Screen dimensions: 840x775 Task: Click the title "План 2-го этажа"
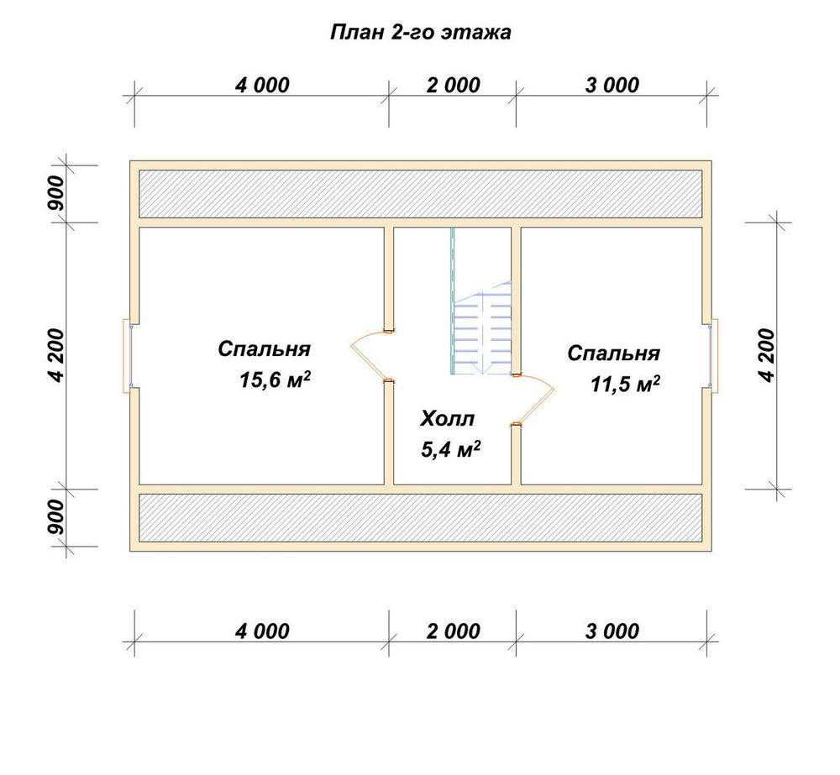(x=421, y=32)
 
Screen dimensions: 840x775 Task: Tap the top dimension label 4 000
(x=262, y=85)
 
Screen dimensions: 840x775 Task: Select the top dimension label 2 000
(x=454, y=85)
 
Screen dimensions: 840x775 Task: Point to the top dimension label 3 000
(x=612, y=85)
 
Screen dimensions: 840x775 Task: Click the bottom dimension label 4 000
(x=262, y=631)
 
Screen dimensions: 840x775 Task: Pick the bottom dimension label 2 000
(x=454, y=631)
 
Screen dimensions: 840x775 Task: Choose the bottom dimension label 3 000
(x=612, y=631)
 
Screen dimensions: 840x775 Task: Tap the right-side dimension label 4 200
(x=767, y=356)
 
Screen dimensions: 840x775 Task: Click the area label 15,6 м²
(x=275, y=380)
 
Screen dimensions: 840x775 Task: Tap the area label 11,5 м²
(x=625, y=384)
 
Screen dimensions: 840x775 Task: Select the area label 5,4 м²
(x=450, y=449)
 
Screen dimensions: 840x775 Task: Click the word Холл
(x=448, y=419)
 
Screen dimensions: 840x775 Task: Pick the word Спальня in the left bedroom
(x=264, y=349)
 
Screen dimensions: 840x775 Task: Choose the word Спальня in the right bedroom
(x=614, y=353)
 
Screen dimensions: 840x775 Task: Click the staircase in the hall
(x=481, y=327)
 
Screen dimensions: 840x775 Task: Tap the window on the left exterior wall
(x=128, y=356)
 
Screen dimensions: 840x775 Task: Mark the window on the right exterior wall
(x=713, y=356)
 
